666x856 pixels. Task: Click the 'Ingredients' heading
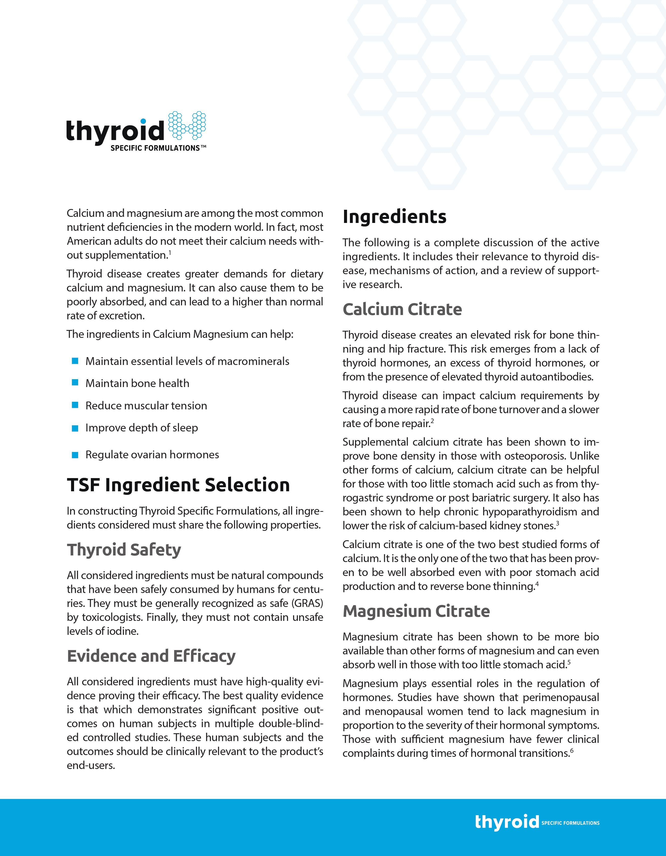click(394, 217)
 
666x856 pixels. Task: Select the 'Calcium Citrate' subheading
click(402, 309)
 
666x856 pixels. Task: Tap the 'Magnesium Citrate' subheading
click(416, 611)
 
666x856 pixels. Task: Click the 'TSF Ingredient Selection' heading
click(178, 485)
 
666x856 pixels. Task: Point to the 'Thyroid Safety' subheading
click(124, 550)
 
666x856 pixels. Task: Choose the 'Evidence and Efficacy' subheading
click(151, 656)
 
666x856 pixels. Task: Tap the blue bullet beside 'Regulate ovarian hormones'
click(75, 455)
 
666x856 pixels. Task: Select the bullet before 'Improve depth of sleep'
click(75, 428)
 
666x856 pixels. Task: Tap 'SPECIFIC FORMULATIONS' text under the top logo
click(156, 148)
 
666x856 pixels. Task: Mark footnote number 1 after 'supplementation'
click(170, 253)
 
